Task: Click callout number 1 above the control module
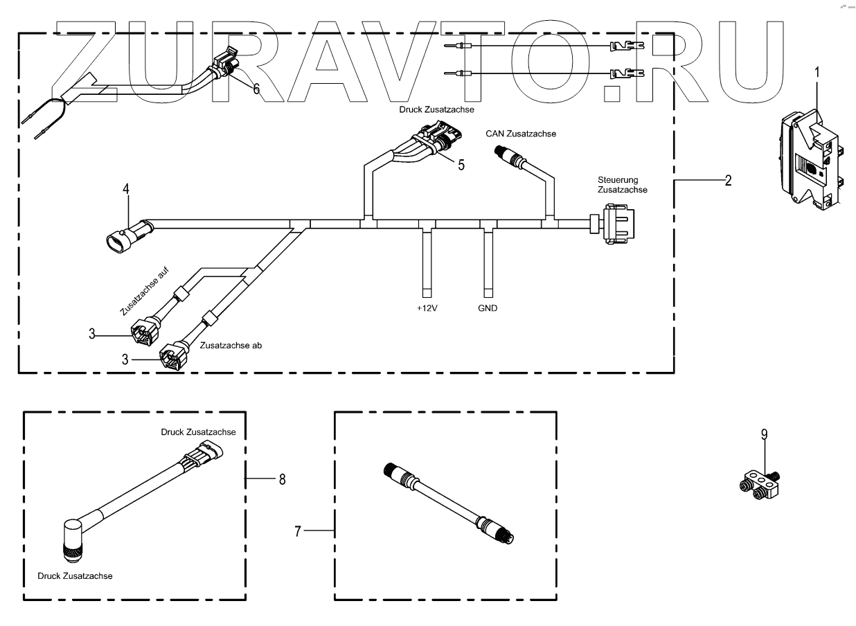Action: pyautogui.click(x=817, y=71)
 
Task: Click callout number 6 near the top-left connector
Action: pyautogui.click(x=256, y=89)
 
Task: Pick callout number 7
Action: pyautogui.click(x=298, y=531)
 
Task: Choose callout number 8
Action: pyautogui.click(x=282, y=479)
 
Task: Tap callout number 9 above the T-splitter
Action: pyautogui.click(x=764, y=434)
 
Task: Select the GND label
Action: pyautogui.click(x=488, y=307)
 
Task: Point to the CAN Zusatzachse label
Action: pyautogui.click(x=519, y=134)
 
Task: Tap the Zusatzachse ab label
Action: pyautogui.click(x=231, y=345)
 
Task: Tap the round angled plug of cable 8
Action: pyautogui.click(x=71, y=539)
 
